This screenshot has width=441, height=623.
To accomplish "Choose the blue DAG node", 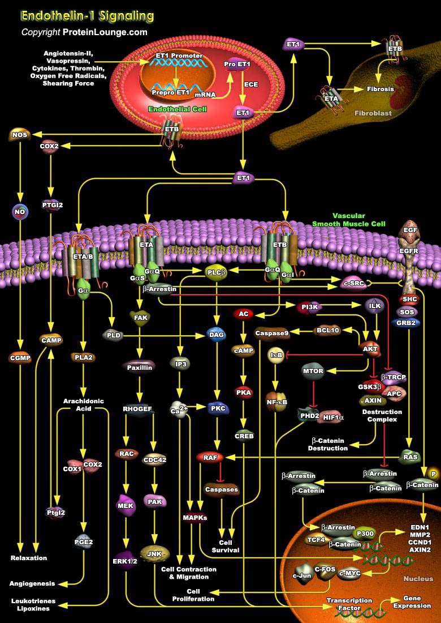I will (x=216, y=335).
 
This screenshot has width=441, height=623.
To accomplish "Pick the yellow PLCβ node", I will (x=215, y=271).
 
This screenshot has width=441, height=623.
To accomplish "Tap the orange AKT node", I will (x=371, y=349).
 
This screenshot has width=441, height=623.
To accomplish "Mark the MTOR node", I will (x=313, y=372).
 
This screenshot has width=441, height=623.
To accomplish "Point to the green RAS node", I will (x=410, y=456).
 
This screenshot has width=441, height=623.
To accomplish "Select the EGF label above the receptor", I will (x=410, y=230).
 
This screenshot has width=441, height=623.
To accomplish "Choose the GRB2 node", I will (x=407, y=323).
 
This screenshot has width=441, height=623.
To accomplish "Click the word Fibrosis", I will (x=382, y=89).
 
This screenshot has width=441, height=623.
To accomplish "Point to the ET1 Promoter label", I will (x=179, y=56).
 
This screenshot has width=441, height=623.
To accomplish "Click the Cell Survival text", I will (x=225, y=546).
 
